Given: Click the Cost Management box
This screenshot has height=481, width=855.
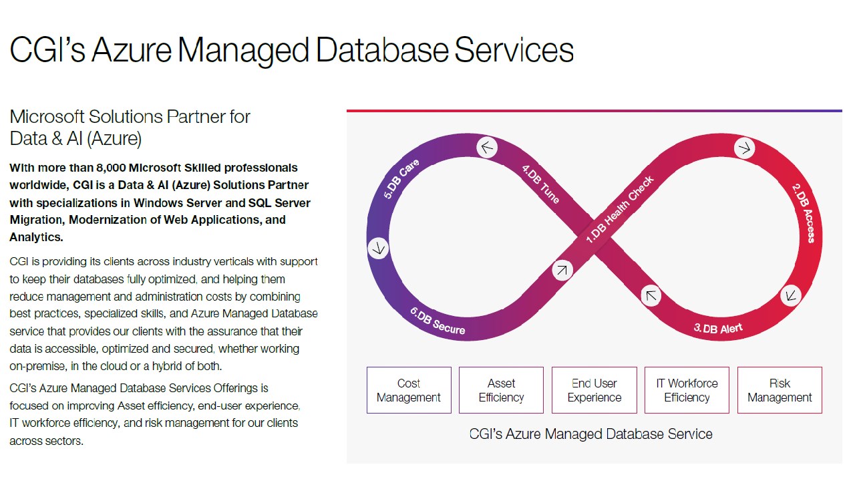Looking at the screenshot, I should [x=409, y=390].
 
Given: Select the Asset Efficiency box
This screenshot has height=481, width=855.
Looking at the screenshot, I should [x=501, y=390].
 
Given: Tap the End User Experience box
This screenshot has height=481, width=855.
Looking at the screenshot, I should [x=594, y=390].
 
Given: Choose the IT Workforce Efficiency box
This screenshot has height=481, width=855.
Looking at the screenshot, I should [x=687, y=390].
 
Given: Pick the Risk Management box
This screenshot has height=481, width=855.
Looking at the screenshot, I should [x=780, y=390].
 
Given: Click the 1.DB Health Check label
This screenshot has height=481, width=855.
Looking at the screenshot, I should [x=620, y=209].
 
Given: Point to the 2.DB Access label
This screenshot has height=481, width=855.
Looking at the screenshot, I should [x=803, y=213].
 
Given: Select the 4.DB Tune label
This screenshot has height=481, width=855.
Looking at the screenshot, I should [x=540, y=184].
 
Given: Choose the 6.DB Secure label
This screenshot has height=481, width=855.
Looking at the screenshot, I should [x=438, y=320].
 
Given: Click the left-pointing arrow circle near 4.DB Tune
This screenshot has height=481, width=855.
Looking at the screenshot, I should [x=488, y=147].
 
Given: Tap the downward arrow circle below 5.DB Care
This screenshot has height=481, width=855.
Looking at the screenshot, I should [x=379, y=249].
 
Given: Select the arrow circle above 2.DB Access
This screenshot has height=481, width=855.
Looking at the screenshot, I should [x=744, y=148].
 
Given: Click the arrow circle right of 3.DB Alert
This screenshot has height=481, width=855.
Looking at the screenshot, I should [x=791, y=295].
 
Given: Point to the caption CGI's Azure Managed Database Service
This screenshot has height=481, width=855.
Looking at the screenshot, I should [x=590, y=434].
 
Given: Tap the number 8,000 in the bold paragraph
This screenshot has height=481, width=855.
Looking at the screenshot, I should [x=109, y=167].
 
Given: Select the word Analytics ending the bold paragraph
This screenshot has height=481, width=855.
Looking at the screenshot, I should [x=36, y=237].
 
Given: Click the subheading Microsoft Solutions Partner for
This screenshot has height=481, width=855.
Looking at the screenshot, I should [x=130, y=117].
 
